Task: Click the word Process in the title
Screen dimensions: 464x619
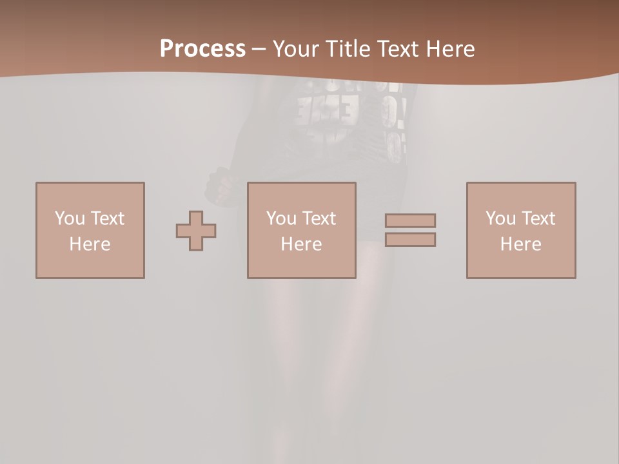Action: [202, 49]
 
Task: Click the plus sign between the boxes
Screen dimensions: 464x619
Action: [196, 231]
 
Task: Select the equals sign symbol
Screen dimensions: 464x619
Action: [410, 230]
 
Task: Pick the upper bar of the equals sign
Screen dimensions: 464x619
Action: [410, 221]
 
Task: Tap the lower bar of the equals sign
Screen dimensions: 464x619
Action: [410, 239]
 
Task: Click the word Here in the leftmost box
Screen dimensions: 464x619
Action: [90, 244]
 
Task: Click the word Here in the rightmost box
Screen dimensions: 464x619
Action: [520, 244]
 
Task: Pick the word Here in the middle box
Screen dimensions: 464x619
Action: [301, 244]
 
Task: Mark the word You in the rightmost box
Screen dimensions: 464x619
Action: [500, 218]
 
